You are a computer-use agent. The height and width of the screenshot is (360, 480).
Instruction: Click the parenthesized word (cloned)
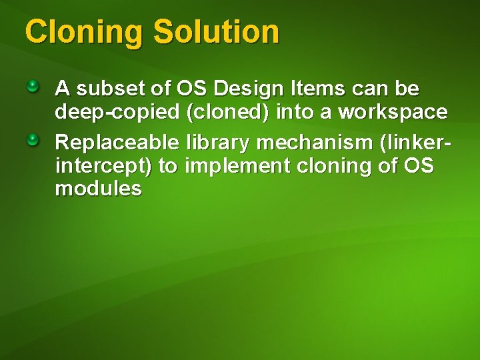pyautogui.click(x=229, y=113)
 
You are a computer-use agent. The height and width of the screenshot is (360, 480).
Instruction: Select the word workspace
pyautogui.click(x=393, y=113)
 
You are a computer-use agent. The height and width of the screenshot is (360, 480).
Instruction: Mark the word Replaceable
pyautogui.click(x=117, y=142)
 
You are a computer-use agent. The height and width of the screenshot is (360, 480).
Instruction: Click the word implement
pyautogui.click(x=234, y=166)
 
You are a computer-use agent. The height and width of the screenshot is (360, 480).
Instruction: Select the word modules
pyautogui.click(x=98, y=189)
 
